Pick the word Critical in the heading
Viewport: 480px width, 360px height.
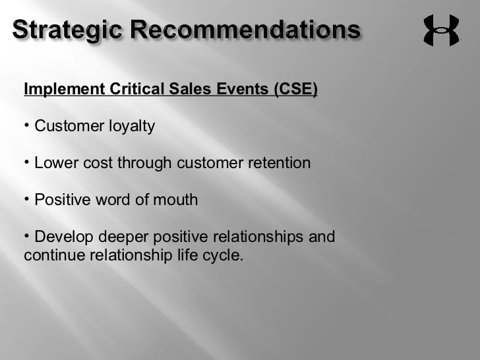[x=130, y=90]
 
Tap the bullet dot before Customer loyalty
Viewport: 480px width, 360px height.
[x=27, y=126]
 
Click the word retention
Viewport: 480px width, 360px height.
[x=281, y=163]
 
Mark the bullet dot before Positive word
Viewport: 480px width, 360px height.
[x=27, y=199]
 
